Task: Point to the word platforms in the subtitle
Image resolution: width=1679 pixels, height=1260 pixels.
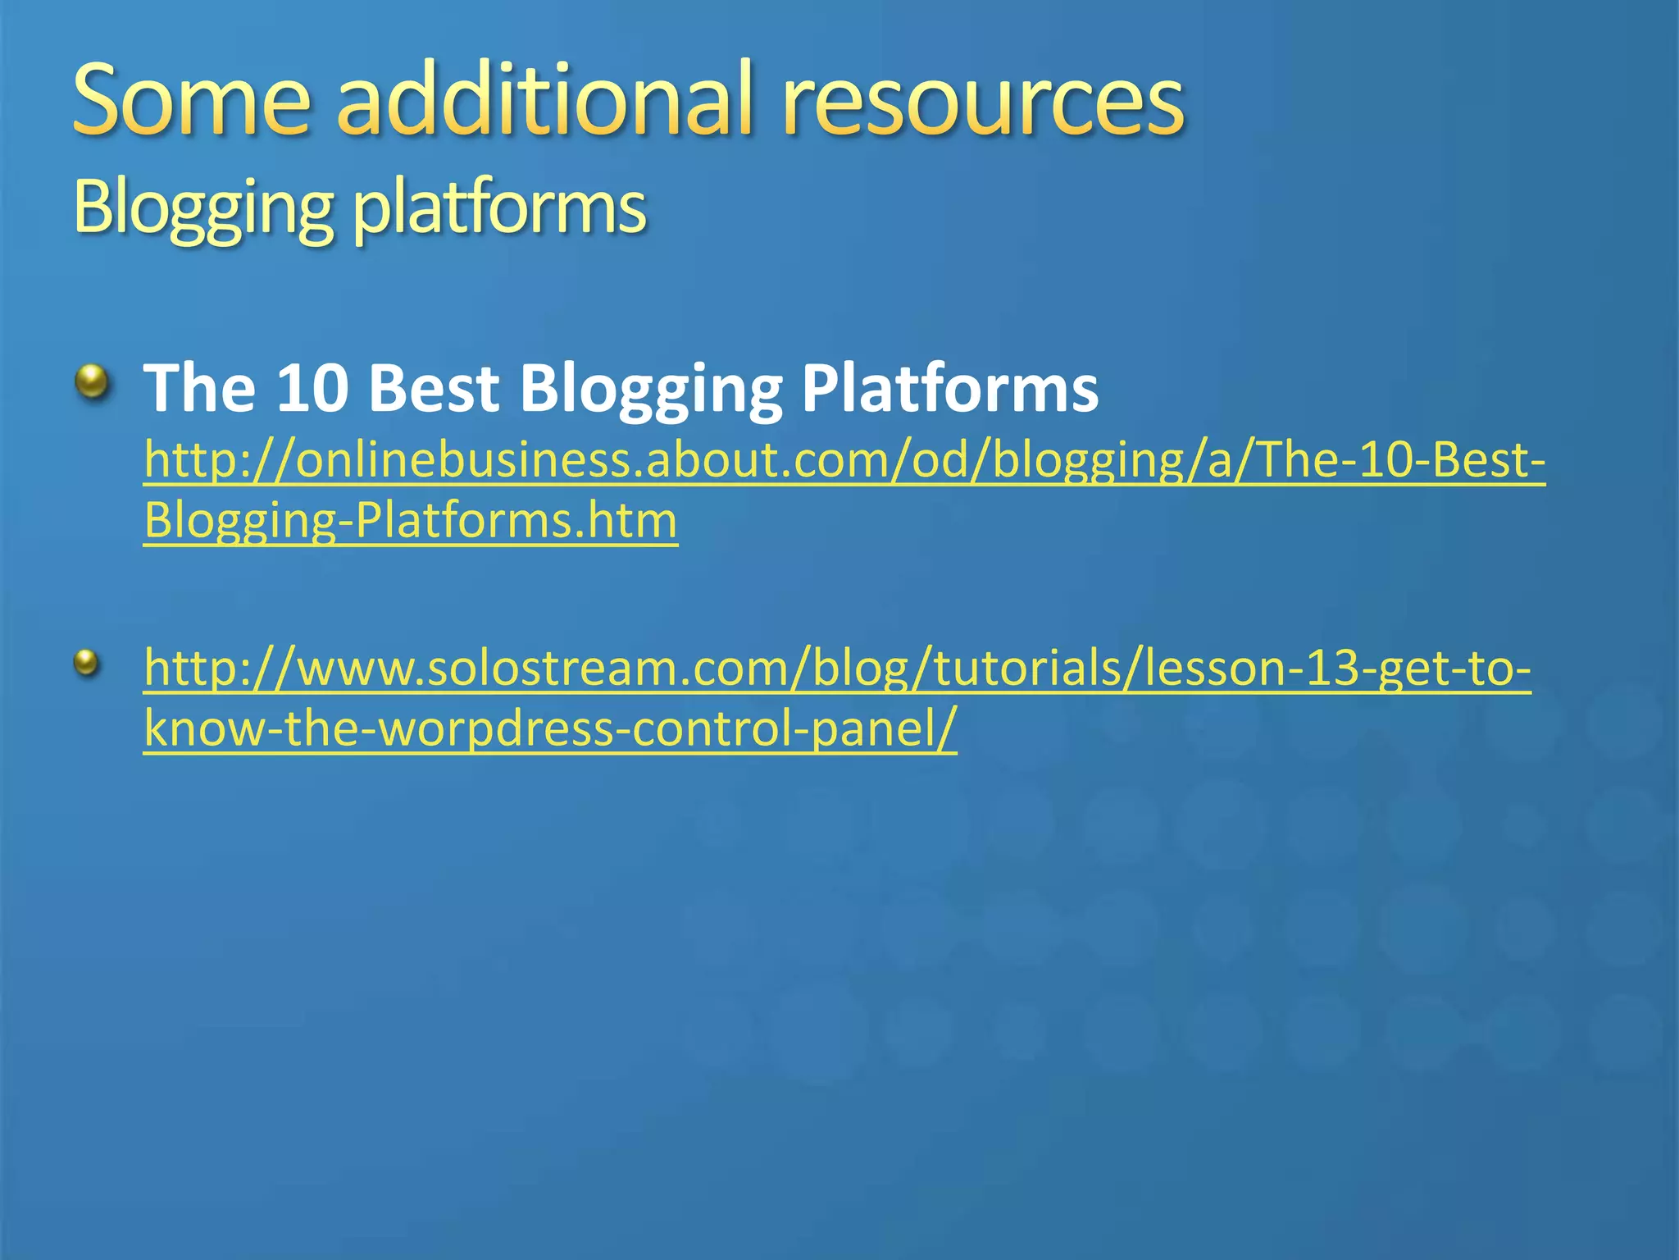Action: coord(499,209)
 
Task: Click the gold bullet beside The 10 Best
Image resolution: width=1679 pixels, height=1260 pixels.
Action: coord(93,381)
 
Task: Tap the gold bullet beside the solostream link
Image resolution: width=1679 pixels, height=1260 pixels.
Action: coord(86,663)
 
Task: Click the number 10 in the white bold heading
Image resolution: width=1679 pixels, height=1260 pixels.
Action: coord(310,388)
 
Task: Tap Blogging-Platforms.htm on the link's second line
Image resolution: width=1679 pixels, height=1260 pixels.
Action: coord(410,521)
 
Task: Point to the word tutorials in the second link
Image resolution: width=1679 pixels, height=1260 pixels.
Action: coord(1032,669)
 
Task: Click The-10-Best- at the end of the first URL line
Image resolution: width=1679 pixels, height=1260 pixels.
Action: coord(1401,460)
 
